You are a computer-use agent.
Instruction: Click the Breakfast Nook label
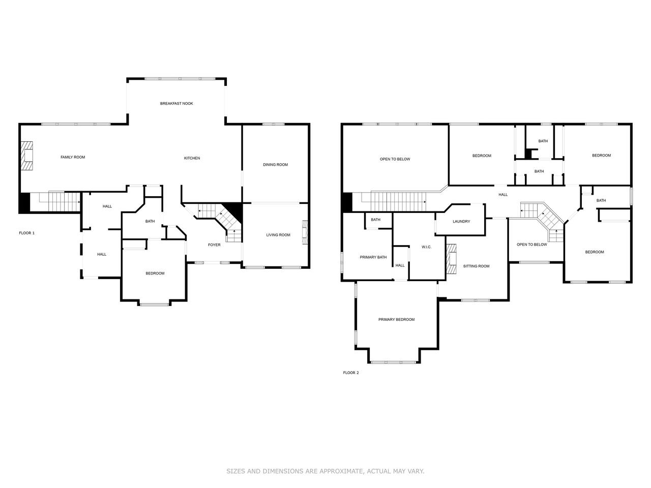click(x=176, y=103)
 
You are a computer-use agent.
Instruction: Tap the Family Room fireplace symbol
click(x=26, y=156)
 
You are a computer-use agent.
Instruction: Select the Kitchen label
click(x=192, y=158)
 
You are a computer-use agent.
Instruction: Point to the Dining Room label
click(x=275, y=165)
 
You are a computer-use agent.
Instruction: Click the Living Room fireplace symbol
click(x=305, y=232)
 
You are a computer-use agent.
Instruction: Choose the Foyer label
click(x=214, y=245)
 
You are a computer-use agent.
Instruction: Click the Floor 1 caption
click(x=26, y=233)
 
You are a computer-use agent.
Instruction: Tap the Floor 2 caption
click(x=351, y=373)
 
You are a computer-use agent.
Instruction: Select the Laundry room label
click(x=461, y=221)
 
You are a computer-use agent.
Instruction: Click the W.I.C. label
click(x=426, y=247)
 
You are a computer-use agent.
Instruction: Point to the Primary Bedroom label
click(x=396, y=319)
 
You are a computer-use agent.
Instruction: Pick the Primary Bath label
click(x=373, y=257)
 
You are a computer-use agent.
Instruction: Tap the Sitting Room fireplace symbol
click(x=451, y=259)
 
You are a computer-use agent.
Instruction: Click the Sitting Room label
click(x=476, y=266)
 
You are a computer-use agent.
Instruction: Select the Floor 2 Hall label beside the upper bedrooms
click(x=502, y=195)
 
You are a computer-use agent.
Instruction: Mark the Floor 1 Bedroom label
click(x=155, y=273)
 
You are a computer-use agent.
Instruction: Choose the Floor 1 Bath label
click(x=150, y=221)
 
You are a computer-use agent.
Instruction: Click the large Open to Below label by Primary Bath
click(x=395, y=159)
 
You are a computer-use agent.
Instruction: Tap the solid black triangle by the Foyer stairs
click(x=235, y=210)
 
